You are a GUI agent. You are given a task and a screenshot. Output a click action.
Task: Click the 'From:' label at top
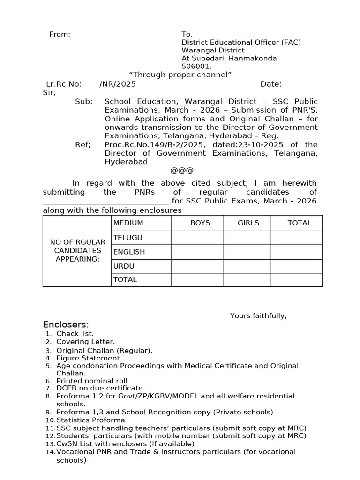pos(60,34)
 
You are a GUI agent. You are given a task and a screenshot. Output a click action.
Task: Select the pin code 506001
pos(193,67)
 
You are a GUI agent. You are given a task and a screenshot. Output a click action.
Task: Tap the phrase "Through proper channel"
pos(180,75)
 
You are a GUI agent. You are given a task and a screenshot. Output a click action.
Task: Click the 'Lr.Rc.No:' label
pos(64,84)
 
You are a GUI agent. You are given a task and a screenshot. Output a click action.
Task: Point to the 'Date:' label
pos(271,84)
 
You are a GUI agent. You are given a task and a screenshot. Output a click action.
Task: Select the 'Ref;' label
pos(82,144)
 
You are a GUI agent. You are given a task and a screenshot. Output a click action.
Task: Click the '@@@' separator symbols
pos(182,170)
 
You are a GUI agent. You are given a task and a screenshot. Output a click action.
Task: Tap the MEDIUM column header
pos(128,223)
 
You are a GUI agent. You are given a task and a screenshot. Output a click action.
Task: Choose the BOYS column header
pos(200,223)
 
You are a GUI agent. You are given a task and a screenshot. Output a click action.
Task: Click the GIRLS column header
pos(248,223)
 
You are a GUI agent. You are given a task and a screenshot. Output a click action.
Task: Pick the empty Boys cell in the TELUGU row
pos(197,237)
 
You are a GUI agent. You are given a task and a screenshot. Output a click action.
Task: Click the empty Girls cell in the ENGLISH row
pos(246,252)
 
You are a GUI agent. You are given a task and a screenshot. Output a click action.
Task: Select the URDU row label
pos(124,266)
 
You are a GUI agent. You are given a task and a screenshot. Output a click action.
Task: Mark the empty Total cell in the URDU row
pos(296,266)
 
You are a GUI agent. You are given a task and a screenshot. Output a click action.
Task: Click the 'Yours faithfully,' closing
pos(258,315)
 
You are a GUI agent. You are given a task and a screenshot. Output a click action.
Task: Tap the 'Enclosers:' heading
pos(66,325)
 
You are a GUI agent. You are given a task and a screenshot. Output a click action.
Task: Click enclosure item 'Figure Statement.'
pos(89,358)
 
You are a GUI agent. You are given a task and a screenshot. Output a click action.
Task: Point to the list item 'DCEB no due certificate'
pos(99,388)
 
